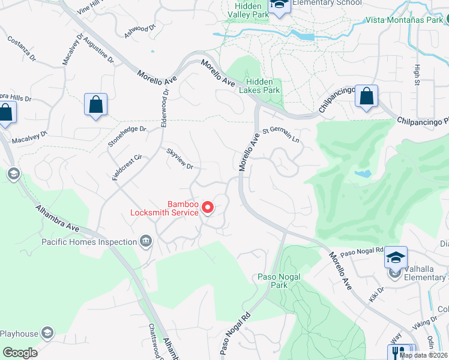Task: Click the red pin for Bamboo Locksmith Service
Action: pyautogui.click(x=208, y=208)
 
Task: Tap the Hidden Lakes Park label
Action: pyautogui.click(x=259, y=86)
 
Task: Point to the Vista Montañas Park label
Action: pyautogui.click(x=405, y=20)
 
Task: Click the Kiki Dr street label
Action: pyautogui.click(x=377, y=294)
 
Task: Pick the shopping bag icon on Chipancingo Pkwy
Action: pyautogui.click(x=366, y=96)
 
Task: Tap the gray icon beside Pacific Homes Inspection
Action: pyautogui.click(x=145, y=242)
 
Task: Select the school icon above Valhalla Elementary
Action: pyautogui.click(x=396, y=257)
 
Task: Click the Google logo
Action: pyautogui.click(x=20, y=353)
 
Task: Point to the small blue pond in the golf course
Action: pyautogui.click(x=362, y=173)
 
